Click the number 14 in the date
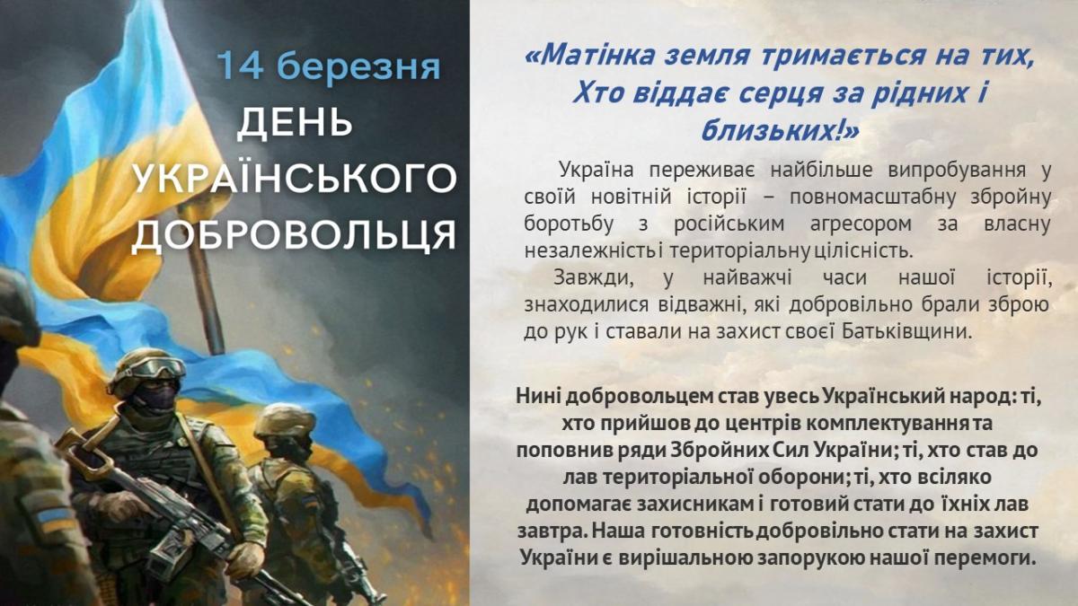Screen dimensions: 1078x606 click(x=240, y=65)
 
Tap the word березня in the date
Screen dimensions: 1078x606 click(x=358, y=66)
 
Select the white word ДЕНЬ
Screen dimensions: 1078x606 click(x=295, y=123)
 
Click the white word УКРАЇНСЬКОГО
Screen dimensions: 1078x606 click(x=294, y=177)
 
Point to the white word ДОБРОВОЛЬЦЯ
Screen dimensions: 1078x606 click(x=294, y=235)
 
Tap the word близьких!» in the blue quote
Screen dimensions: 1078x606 click(x=780, y=130)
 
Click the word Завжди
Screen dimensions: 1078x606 click(x=593, y=278)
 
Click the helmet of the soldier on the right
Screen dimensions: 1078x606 click(x=285, y=421)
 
